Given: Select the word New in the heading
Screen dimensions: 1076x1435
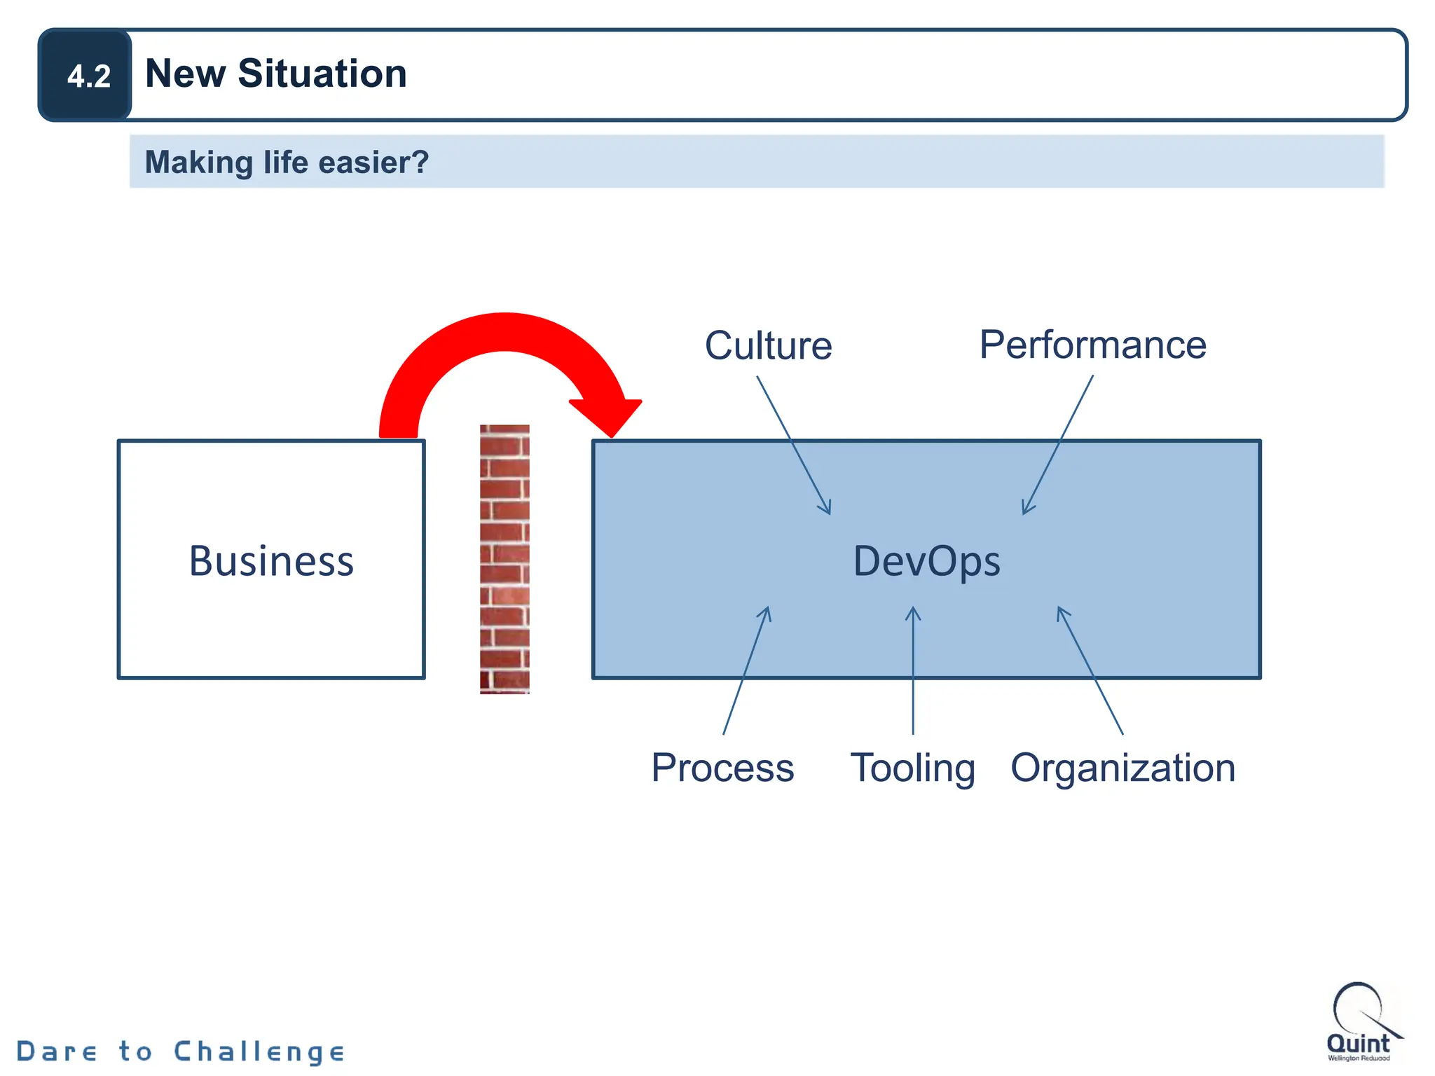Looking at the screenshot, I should point(186,74).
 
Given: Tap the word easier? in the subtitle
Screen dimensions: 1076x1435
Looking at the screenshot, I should point(373,163).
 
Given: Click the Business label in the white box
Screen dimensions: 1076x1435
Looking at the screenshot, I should point(271,561).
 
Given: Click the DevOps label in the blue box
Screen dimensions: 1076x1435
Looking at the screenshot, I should point(926,561).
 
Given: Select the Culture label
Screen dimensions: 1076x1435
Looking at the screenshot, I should point(768,345).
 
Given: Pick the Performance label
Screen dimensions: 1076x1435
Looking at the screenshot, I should point(1092,345).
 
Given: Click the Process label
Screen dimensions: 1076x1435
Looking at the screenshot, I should point(722,768).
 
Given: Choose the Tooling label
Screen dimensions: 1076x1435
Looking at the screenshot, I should point(912,768).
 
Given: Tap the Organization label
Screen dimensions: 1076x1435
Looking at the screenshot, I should point(1122,768).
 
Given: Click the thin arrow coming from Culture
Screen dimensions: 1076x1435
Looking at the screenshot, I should point(793,446).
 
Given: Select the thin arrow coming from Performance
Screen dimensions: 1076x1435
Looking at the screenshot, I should point(1058,446).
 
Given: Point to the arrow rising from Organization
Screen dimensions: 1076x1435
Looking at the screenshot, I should point(1090,671).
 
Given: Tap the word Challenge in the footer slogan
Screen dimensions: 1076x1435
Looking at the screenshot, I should point(259,1051).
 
